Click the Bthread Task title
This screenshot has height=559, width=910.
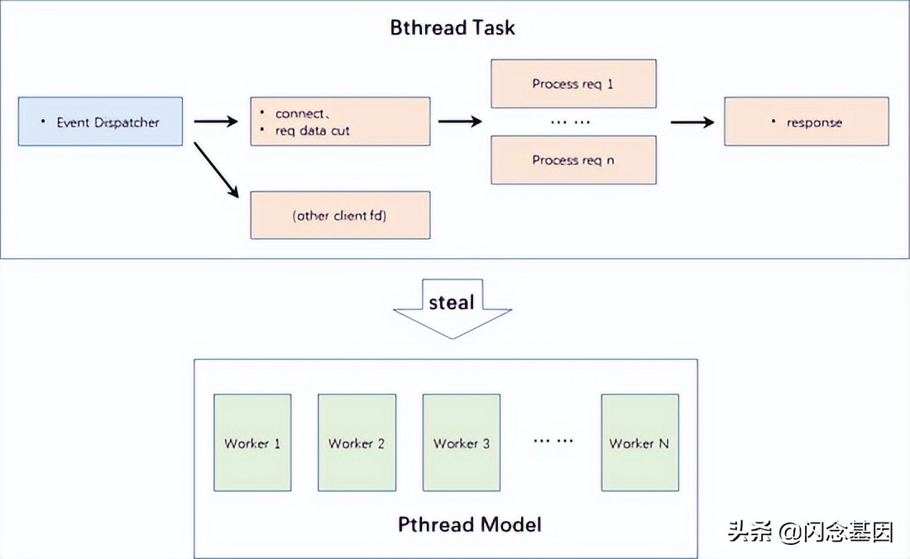(x=452, y=28)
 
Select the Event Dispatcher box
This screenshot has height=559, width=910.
(x=100, y=122)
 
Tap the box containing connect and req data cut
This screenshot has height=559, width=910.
(x=340, y=122)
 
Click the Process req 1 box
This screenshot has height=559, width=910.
(x=573, y=84)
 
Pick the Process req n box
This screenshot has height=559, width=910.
(x=573, y=160)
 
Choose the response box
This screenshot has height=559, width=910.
(x=806, y=122)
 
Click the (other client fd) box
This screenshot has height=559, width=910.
(x=340, y=215)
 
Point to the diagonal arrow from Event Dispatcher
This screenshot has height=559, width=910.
(x=217, y=170)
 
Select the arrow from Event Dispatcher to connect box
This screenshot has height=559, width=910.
(x=216, y=122)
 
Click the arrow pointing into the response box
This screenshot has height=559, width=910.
(x=692, y=122)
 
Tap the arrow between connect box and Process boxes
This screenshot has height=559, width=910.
(x=460, y=122)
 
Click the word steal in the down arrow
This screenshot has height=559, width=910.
(x=452, y=302)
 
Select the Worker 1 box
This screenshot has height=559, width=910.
(x=252, y=442)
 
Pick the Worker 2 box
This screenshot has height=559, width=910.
(x=357, y=442)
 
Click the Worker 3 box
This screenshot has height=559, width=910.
(x=462, y=442)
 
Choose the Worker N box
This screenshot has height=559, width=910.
(x=640, y=442)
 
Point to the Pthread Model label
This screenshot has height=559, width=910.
(x=470, y=524)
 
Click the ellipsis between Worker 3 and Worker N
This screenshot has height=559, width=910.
(x=553, y=441)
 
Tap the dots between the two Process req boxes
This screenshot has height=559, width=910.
(x=570, y=122)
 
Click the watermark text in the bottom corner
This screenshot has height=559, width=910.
(x=810, y=531)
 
